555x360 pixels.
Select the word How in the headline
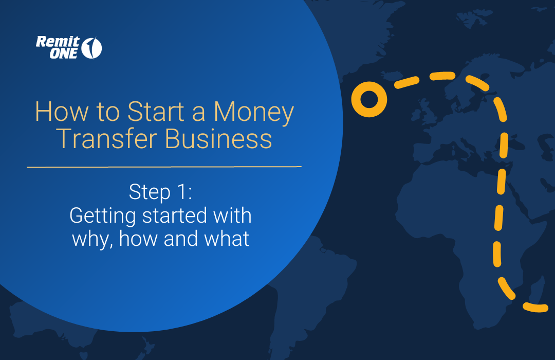pyautogui.click(x=54, y=112)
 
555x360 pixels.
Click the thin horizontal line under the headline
pyautogui.click(x=164, y=167)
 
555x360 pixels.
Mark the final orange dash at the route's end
pyautogui.click(x=535, y=307)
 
